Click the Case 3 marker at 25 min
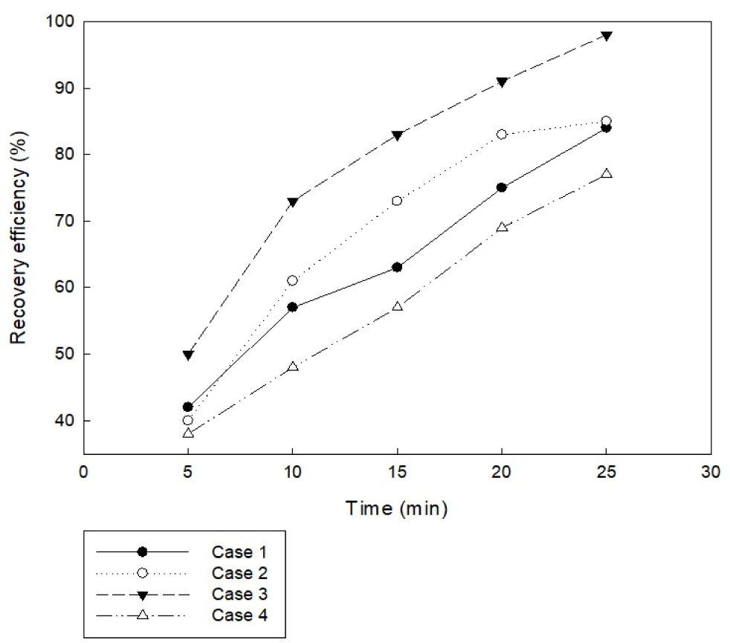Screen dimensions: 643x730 [x=607, y=36]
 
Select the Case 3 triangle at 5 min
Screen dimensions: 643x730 [x=188, y=355]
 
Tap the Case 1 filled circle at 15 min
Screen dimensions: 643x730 [x=397, y=267]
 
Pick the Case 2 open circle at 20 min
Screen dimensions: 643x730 [x=502, y=135]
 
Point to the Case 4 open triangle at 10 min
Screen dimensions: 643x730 [x=293, y=366]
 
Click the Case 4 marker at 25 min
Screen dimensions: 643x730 [x=607, y=173]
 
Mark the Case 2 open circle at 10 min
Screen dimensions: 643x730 [x=293, y=280]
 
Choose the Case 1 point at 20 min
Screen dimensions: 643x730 [x=502, y=187]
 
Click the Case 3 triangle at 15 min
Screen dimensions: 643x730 [x=397, y=135]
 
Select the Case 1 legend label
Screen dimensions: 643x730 [x=240, y=552]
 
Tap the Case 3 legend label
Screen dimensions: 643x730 [x=240, y=594]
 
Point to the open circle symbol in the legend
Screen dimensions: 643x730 [x=143, y=573]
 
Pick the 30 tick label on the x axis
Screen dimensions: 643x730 [x=711, y=473]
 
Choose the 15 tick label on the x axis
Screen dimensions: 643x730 [x=397, y=473]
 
